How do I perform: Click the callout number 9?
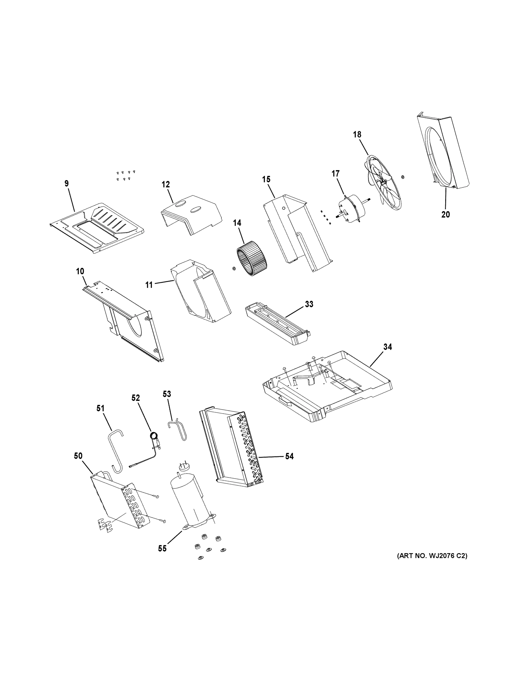[x=66, y=184]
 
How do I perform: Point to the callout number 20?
[x=445, y=215]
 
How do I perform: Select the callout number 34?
[x=387, y=347]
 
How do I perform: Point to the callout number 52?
[x=136, y=398]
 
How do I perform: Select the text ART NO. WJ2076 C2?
[x=432, y=556]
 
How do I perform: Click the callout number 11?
[x=149, y=285]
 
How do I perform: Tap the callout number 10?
[x=80, y=271]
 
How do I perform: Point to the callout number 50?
[x=78, y=456]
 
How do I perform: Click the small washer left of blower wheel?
[x=234, y=269]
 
